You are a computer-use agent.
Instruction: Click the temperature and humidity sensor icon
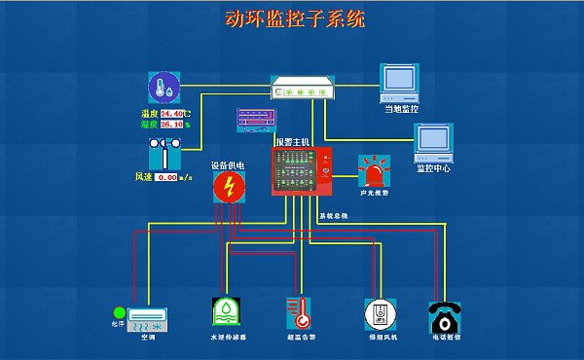pyautogui.click(x=164, y=89)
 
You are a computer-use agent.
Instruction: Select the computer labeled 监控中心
pyautogui.click(x=433, y=142)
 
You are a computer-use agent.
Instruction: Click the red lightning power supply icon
pyautogui.click(x=229, y=188)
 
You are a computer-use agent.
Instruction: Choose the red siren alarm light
pyautogui.click(x=376, y=171)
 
